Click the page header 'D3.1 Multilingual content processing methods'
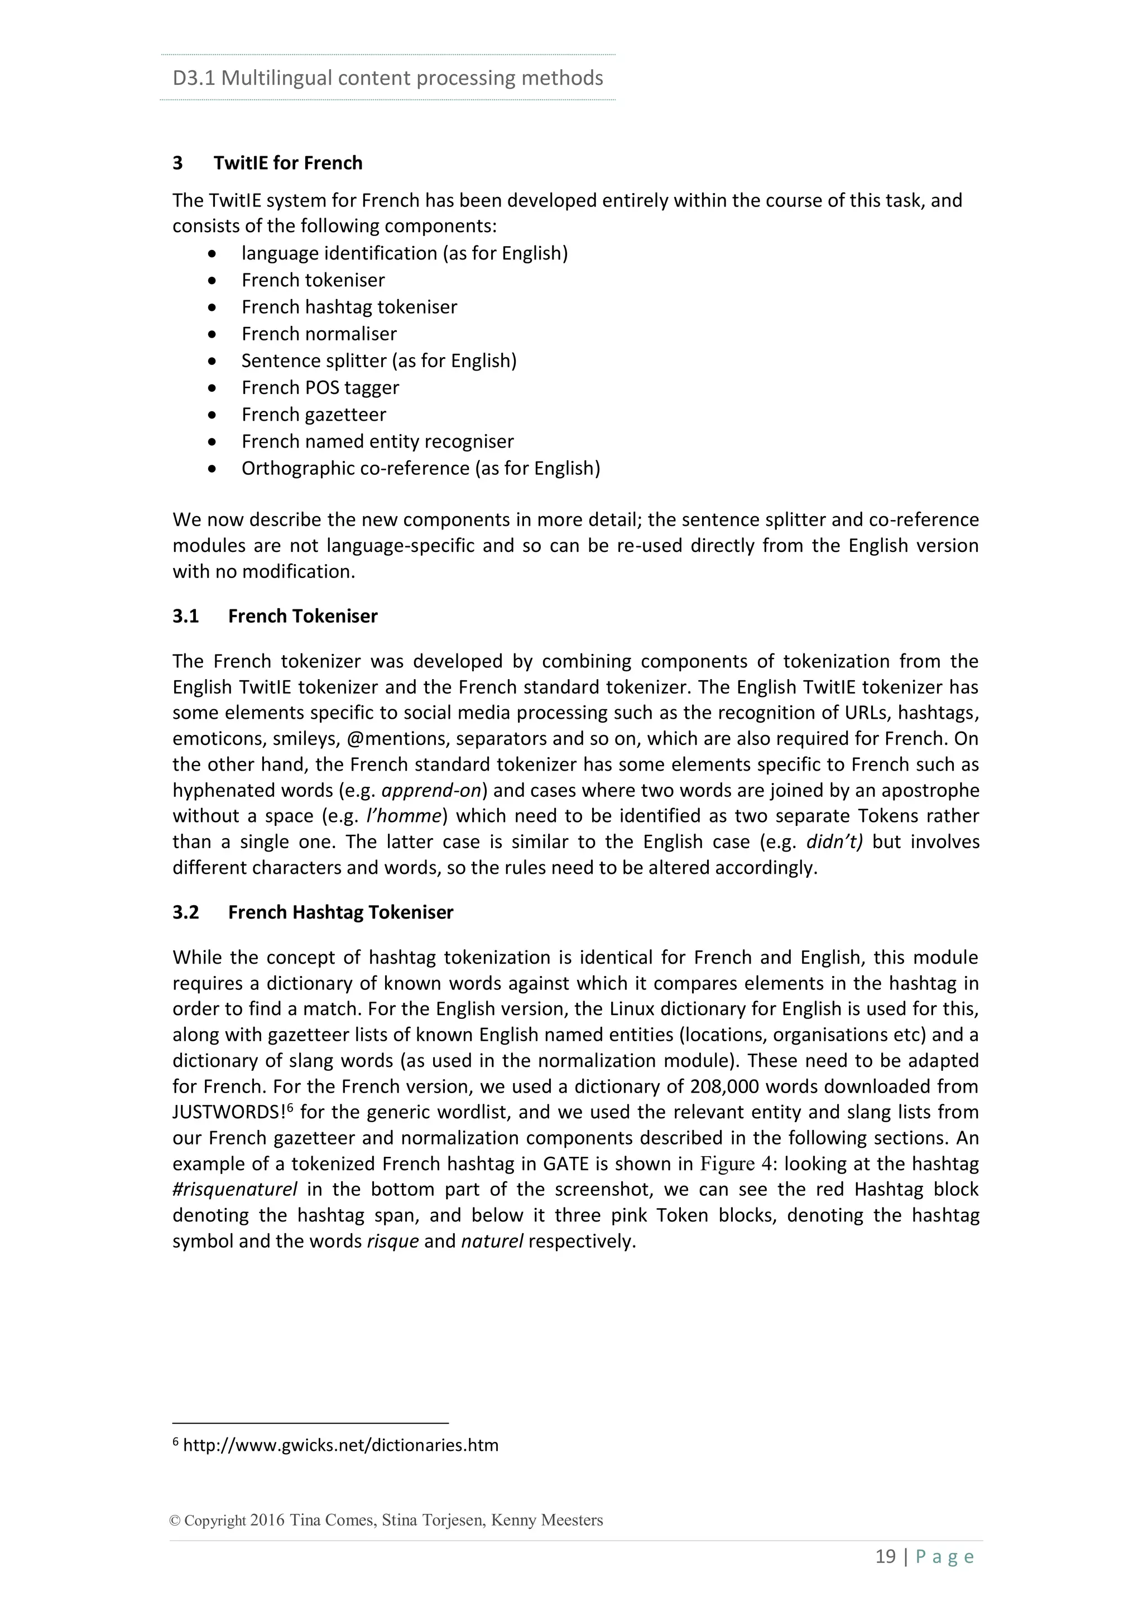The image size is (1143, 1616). (387, 78)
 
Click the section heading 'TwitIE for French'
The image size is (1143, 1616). (288, 163)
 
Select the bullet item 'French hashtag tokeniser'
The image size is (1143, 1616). (349, 307)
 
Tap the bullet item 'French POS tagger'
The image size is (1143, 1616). (320, 388)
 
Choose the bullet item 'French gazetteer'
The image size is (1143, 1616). (313, 415)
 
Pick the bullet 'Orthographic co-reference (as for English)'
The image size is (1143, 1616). (420, 468)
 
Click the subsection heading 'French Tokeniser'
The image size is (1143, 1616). (302, 617)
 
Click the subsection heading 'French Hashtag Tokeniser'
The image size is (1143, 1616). (340, 913)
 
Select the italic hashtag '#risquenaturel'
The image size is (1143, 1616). (234, 1190)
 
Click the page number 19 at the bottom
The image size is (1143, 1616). (885, 1557)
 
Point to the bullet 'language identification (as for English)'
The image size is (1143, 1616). (404, 253)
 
